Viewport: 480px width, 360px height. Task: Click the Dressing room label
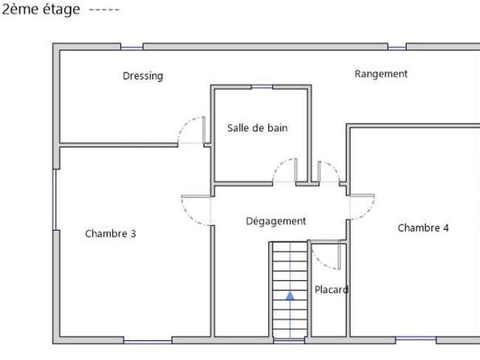click(143, 76)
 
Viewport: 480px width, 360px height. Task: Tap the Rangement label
click(381, 74)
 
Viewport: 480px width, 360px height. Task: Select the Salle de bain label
click(258, 128)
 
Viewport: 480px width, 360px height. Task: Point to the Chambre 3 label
click(111, 234)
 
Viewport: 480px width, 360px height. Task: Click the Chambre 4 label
click(423, 228)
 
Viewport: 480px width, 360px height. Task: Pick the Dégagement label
click(276, 221)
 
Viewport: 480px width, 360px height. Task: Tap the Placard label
click(332, 290)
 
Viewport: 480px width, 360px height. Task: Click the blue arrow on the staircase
click(290, 296)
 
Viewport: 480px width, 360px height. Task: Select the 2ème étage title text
click(41, 9)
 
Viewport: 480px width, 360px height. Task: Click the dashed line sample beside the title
click(104, 10)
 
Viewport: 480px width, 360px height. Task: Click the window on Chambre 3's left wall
click(55, 200)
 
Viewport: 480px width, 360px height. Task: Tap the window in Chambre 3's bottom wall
click(148, 342)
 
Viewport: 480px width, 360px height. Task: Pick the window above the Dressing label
click(131, 47)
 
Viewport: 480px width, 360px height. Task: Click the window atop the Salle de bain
click(262, 87)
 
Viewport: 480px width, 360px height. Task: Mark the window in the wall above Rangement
click(397, 47)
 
